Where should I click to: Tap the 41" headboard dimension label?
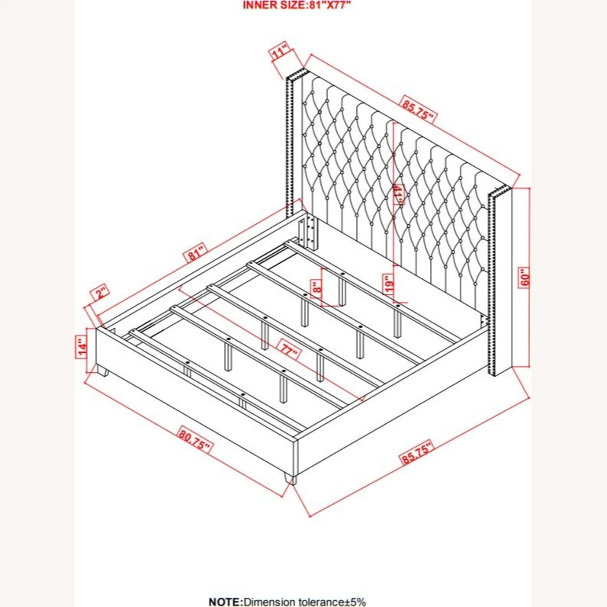(x=398, y=195)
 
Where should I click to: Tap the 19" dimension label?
(x=389, y=284)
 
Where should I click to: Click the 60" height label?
(x=524, y=278)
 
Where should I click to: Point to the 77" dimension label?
(x=289, y=350)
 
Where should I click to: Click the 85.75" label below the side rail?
(x=417, y=452)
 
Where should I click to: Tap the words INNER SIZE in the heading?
(x=273, y=5)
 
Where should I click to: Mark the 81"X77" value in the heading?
(x=329, y=5)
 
